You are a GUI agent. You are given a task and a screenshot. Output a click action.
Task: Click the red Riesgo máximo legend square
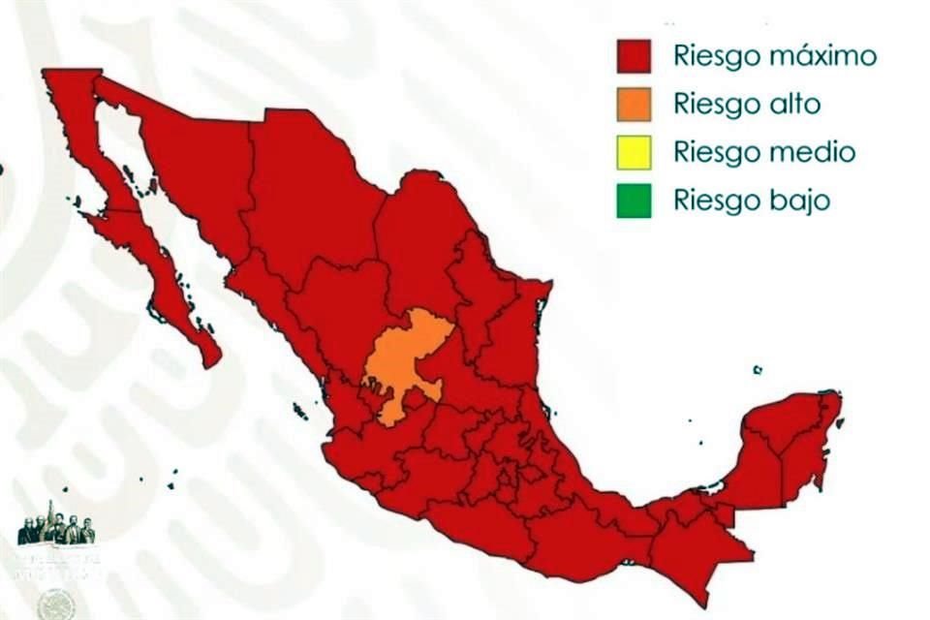point(634,56)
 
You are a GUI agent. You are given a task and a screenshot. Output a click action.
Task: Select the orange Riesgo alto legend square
point(634,104)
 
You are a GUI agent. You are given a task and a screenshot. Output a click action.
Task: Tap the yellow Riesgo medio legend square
point(634,152)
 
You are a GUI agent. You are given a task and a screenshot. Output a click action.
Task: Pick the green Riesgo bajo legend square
point(634,201)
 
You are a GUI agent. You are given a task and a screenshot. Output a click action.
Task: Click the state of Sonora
point(194,165)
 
